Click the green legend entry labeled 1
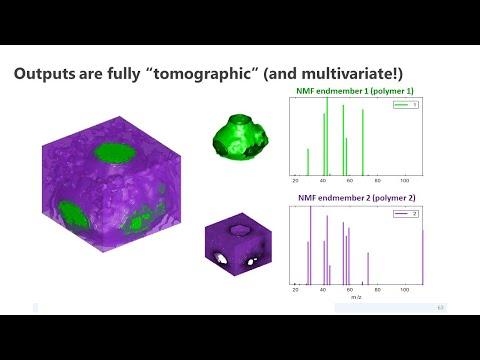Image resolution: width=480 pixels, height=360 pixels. tap(405, 104)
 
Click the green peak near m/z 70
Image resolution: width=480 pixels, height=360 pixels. tap(363, 141)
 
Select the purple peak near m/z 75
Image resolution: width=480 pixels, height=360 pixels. tap(368, 268)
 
